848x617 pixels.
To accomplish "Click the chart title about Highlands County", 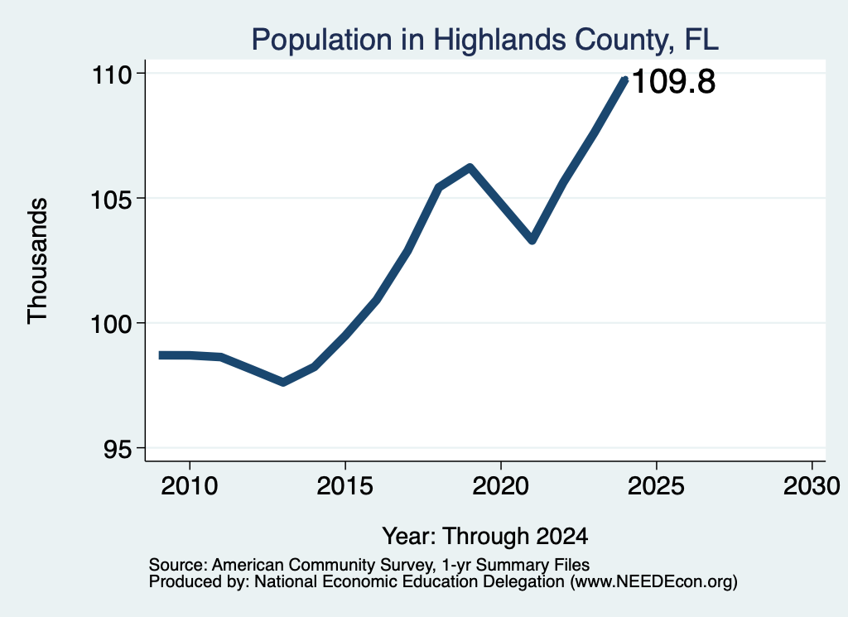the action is tap(484, 40).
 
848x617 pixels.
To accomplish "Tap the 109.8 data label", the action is tap(673, 82).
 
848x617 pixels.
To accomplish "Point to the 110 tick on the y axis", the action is tap(112, 74).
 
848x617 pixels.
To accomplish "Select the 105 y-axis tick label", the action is tap(111, 200).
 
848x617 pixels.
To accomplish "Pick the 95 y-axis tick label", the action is tap(118, 450).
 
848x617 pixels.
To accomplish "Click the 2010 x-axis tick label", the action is tap(190, 485).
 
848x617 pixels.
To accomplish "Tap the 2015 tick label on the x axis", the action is tap(345, 485).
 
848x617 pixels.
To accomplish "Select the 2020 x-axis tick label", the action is tap(501, 485).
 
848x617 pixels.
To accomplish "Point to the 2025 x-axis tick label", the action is tap(656, 485).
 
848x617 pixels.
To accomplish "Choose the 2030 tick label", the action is tap(812, 485).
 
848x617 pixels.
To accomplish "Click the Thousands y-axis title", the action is tap(37, 261).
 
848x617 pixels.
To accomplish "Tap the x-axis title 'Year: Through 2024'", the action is tap(485, 537).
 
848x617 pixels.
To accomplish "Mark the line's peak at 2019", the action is tap(470, 167).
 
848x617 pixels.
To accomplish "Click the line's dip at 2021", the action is tap(532, 239).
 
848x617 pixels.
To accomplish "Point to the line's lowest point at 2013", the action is tap(283, 383).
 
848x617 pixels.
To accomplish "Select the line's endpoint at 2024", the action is tap(625, 80).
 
